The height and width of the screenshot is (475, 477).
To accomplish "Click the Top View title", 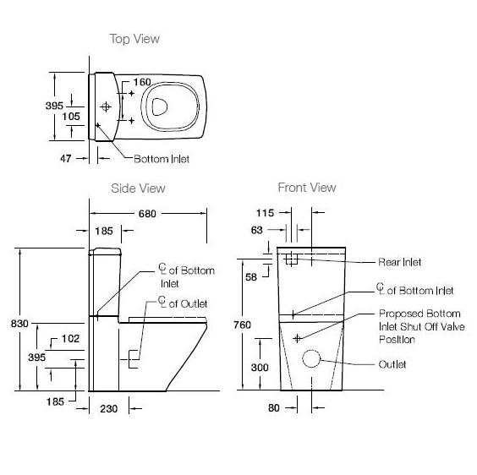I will (x=134, y=39).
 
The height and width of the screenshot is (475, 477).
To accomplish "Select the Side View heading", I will (x=138, y=188).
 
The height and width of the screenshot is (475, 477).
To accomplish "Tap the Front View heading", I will (x=307, y=188).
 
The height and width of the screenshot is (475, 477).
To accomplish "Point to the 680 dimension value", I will (x=147, y=214).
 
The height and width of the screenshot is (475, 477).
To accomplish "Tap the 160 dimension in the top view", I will (x=142, y=82).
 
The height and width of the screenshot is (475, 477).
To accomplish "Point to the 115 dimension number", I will (x=265, y=214).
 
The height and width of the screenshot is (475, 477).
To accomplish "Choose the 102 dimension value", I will (x=71, y=339).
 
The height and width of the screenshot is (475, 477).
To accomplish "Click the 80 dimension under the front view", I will (x=275, y=407).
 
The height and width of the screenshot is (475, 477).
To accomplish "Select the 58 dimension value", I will (x=250, y=276).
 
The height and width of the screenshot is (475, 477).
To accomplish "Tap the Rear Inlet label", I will (x=400, y=262).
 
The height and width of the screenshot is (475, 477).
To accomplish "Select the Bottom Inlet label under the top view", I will (x=162, y=158).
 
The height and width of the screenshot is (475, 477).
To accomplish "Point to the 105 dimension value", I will (x=69, y=116).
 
